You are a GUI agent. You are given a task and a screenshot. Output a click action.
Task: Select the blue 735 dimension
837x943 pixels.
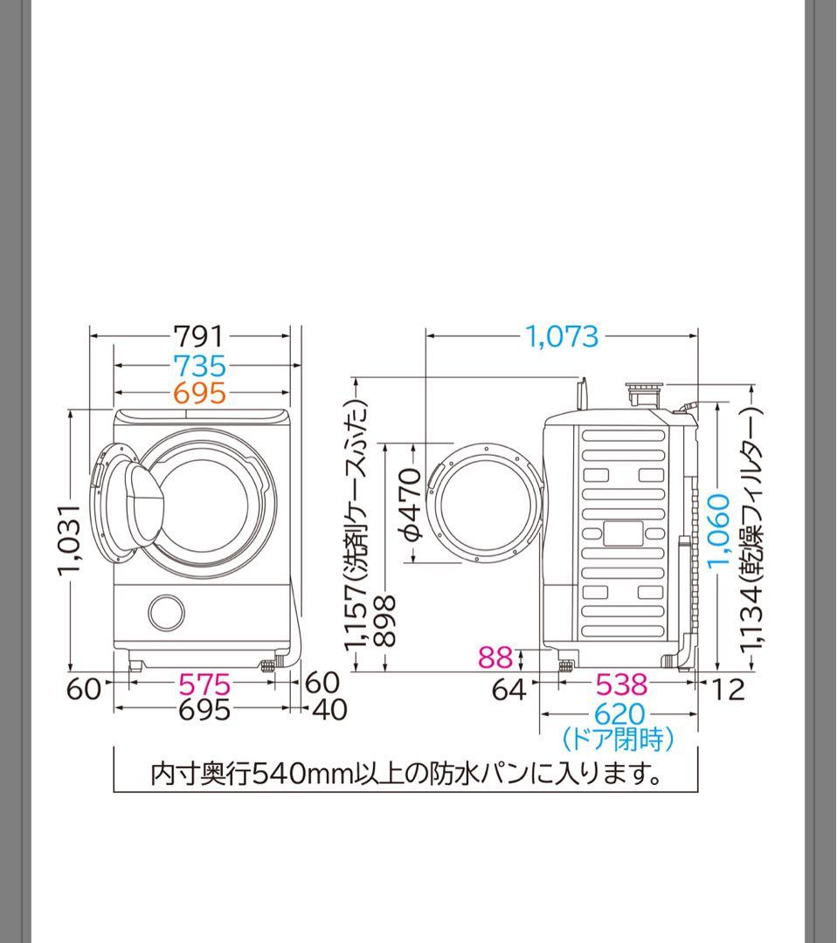tap(199, 365)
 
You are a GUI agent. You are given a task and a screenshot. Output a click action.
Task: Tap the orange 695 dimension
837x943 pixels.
tap(199, 394)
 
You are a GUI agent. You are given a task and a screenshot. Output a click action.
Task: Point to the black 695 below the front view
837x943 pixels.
tap(204, 710)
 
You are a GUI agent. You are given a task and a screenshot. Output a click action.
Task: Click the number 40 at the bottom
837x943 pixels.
tap(329, 710)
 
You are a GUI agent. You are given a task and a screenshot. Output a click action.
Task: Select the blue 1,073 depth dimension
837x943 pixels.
tap(562, 335)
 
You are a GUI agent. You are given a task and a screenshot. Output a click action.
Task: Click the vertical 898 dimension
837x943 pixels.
tap(384, 621)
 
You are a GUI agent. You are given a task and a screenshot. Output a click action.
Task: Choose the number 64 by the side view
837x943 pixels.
tap(509, 690)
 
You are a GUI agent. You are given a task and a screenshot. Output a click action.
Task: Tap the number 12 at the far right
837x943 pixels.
tap(727, 690)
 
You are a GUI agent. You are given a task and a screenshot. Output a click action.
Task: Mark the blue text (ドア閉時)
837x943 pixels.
tap(619, 740)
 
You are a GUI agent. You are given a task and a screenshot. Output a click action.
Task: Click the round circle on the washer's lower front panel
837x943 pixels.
tap(166, 613)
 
